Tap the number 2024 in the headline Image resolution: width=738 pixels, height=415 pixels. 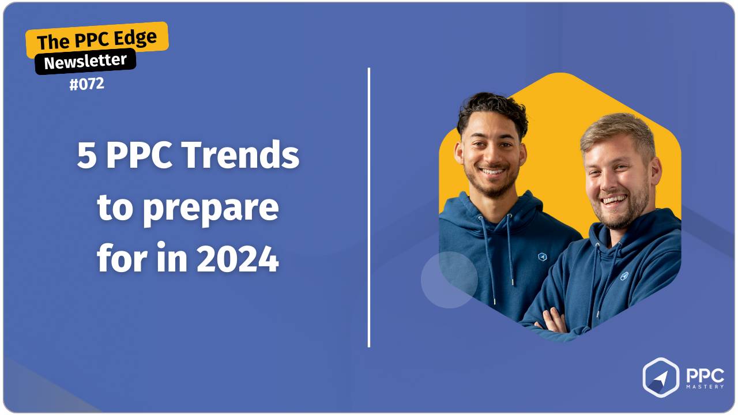click(x=237, y=260)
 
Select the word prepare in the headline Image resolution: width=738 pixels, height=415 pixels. click(x=210, y=208)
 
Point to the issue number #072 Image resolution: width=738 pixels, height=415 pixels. click(x=86, y=84)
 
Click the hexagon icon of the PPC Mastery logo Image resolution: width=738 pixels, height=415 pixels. click(x=661, y=378)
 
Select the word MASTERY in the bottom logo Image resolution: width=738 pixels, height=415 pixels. click(x=704, y=387)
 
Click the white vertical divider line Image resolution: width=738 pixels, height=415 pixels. click(x=369, y=207)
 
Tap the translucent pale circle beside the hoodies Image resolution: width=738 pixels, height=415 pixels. click(x=449, y=280)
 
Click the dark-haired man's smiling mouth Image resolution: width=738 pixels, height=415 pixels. click(x=492, y=171)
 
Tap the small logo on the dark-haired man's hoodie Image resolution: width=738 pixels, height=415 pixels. click(x=542, y=256)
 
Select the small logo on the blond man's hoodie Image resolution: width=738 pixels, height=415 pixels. click(x=624, y=276)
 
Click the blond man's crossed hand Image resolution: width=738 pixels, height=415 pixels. click(x=553, y=320)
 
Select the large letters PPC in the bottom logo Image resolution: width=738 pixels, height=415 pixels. click(x=704, y=374)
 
